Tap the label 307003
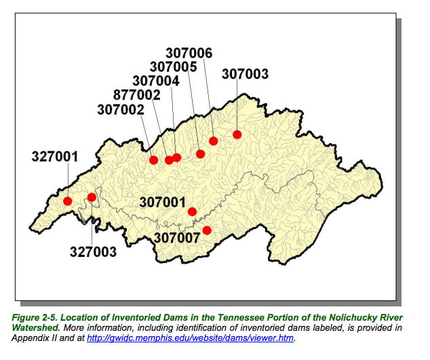click(245, 74)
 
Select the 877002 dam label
click(138, 95)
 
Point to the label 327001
click(55, 157)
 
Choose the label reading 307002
click(121, 109)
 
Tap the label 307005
click(173, 67)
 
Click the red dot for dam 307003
click(237, 134)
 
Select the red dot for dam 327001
click(68, 201)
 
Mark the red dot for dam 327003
click(92, 197)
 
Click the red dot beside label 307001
click(192, 212)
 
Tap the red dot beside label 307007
click(207, 231)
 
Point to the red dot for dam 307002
click(154, 160)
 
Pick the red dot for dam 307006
click(213, 141)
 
